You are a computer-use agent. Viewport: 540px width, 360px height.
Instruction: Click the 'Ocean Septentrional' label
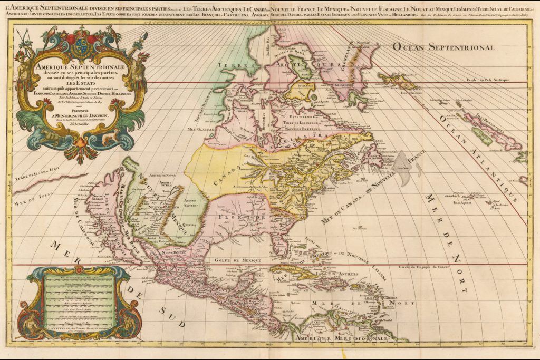442,47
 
